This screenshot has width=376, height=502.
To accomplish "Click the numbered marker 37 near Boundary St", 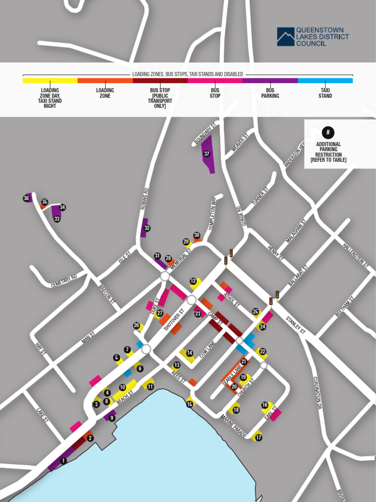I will [207, 153].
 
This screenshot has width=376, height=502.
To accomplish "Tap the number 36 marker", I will [26, 198].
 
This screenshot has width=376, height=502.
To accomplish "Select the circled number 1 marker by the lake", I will [63, 461].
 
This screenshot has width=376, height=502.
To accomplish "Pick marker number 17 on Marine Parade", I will [258, 437].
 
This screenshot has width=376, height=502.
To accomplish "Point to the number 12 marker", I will [193, 281].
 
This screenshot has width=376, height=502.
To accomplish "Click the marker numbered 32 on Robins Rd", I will [147, 228].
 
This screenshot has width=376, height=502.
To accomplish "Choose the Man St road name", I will [88, 338].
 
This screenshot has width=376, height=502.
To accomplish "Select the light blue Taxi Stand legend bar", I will [325, 80].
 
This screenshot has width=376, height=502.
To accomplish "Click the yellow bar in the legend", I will [50, 80].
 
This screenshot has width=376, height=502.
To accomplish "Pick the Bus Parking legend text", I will [270, 93].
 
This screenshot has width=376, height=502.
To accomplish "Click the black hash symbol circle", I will [328, 132].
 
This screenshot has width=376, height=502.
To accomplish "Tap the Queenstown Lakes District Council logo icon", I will [285, 37].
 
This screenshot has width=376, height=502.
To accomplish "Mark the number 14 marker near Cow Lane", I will [189, 353].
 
